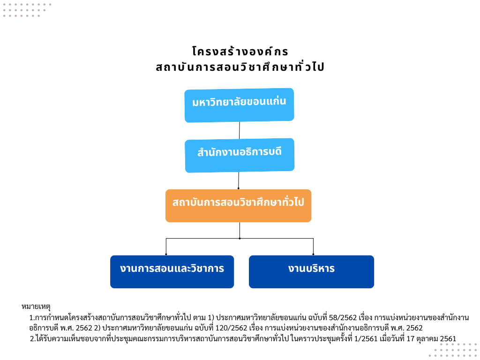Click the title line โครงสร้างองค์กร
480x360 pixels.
[240, 52]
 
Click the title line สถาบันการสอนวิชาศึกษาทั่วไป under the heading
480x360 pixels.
[240, 67]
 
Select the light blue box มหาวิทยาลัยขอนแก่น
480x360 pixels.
[239, 105]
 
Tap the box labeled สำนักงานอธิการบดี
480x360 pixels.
[240, 155]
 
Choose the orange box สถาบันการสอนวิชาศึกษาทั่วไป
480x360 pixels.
[239, 206]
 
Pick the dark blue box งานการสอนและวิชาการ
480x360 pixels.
[172, 272]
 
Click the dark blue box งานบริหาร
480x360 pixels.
[311, 272]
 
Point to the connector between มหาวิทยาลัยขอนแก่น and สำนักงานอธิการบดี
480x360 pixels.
[240, 130]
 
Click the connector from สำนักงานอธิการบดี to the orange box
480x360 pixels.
[239, 180]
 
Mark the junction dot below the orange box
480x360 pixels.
[240, 238]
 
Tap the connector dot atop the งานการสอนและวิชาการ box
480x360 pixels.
[166, 254]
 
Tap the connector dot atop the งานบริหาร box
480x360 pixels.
[313, 254]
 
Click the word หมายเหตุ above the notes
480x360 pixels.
[36, 307]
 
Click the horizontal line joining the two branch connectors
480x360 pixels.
[240, 238]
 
